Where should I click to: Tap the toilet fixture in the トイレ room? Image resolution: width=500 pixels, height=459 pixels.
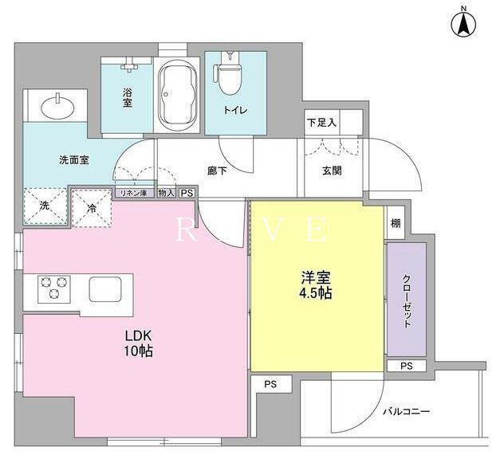tap(230, 74)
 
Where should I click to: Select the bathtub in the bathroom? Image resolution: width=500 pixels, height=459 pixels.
tap(177, 94)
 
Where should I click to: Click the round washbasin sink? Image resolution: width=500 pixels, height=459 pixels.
tap(54, 106)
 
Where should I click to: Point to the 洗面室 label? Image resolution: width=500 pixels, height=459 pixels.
tap(73, 159)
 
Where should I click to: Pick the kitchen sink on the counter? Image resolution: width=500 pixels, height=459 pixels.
tap(104, 288)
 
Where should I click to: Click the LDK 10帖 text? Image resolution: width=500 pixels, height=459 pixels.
tap(137, 343)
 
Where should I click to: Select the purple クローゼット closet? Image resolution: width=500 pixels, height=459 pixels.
tap(406, 299)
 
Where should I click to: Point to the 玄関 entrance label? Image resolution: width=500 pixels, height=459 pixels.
tap(332, 170)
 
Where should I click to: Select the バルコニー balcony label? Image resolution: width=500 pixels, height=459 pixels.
tap(406, 411)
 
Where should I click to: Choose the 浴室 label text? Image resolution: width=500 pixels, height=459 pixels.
tap(127, 98)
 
